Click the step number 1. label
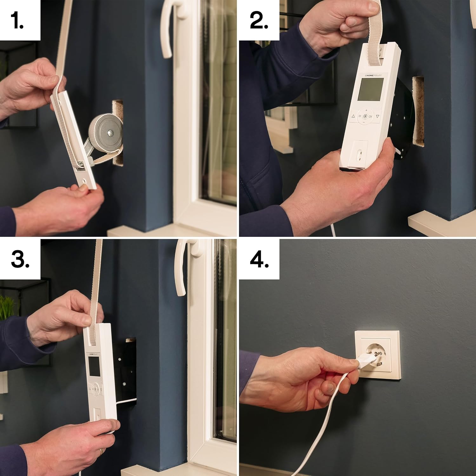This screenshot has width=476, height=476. [17, 21]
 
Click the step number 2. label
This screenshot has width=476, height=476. [259, 21]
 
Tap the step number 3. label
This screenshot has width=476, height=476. [20, 260]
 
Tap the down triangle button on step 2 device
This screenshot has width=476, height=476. [378, 116]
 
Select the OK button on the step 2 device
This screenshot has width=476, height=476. [371, 116]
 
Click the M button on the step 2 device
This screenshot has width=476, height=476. [360, 116]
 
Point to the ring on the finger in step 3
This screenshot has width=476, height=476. [101, 452]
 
